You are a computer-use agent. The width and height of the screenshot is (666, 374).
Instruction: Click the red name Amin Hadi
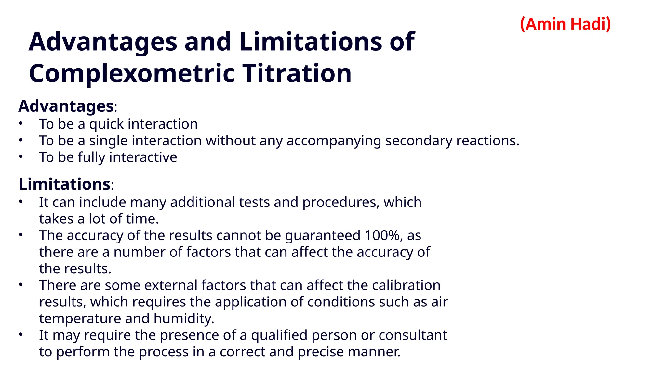(x=566, y=24)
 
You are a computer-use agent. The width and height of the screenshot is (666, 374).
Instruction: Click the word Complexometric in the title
(x=132, y=73)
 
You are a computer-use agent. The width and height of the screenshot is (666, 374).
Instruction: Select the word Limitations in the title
(x=311, y=42)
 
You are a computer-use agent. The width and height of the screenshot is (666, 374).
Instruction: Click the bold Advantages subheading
(x=66, y=106)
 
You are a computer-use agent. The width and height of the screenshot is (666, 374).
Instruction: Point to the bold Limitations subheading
(x=64, y=184)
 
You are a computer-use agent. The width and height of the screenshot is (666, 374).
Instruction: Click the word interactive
(x=143, y=157)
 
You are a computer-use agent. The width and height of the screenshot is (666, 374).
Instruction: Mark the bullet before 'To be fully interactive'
(x=21, y=157)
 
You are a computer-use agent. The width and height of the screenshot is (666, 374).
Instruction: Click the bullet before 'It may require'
(x=21, y=334)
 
